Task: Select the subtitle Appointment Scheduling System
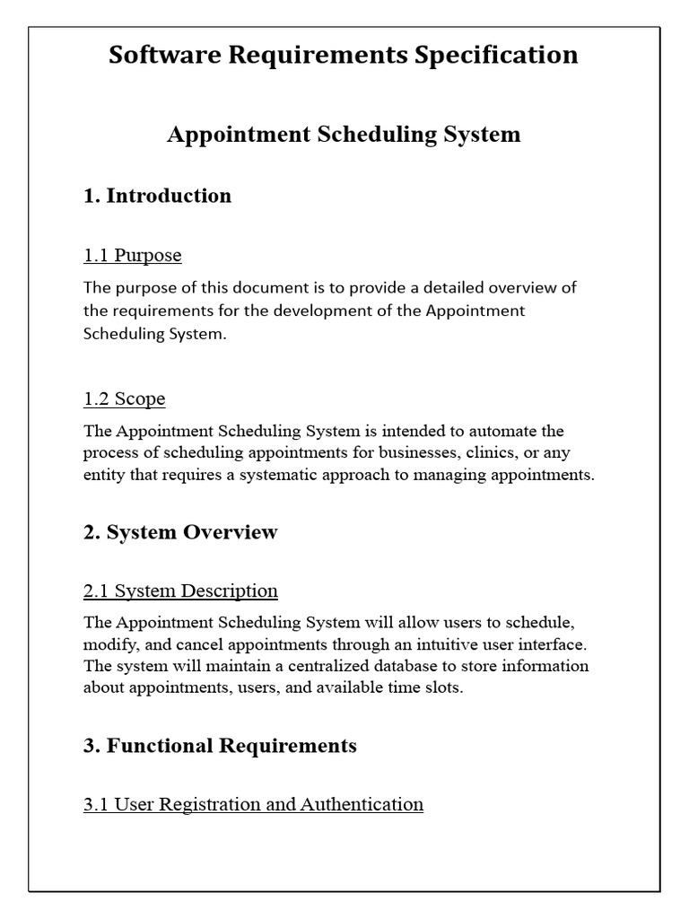point(344,135)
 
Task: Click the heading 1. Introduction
point(157,196)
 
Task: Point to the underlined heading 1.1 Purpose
point(133,255)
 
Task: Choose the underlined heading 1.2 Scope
point(125,398)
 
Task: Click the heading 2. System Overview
point(180,532)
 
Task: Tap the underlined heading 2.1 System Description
point(180,591)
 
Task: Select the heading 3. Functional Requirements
point(220,746)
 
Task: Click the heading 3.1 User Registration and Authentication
point(253,804)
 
